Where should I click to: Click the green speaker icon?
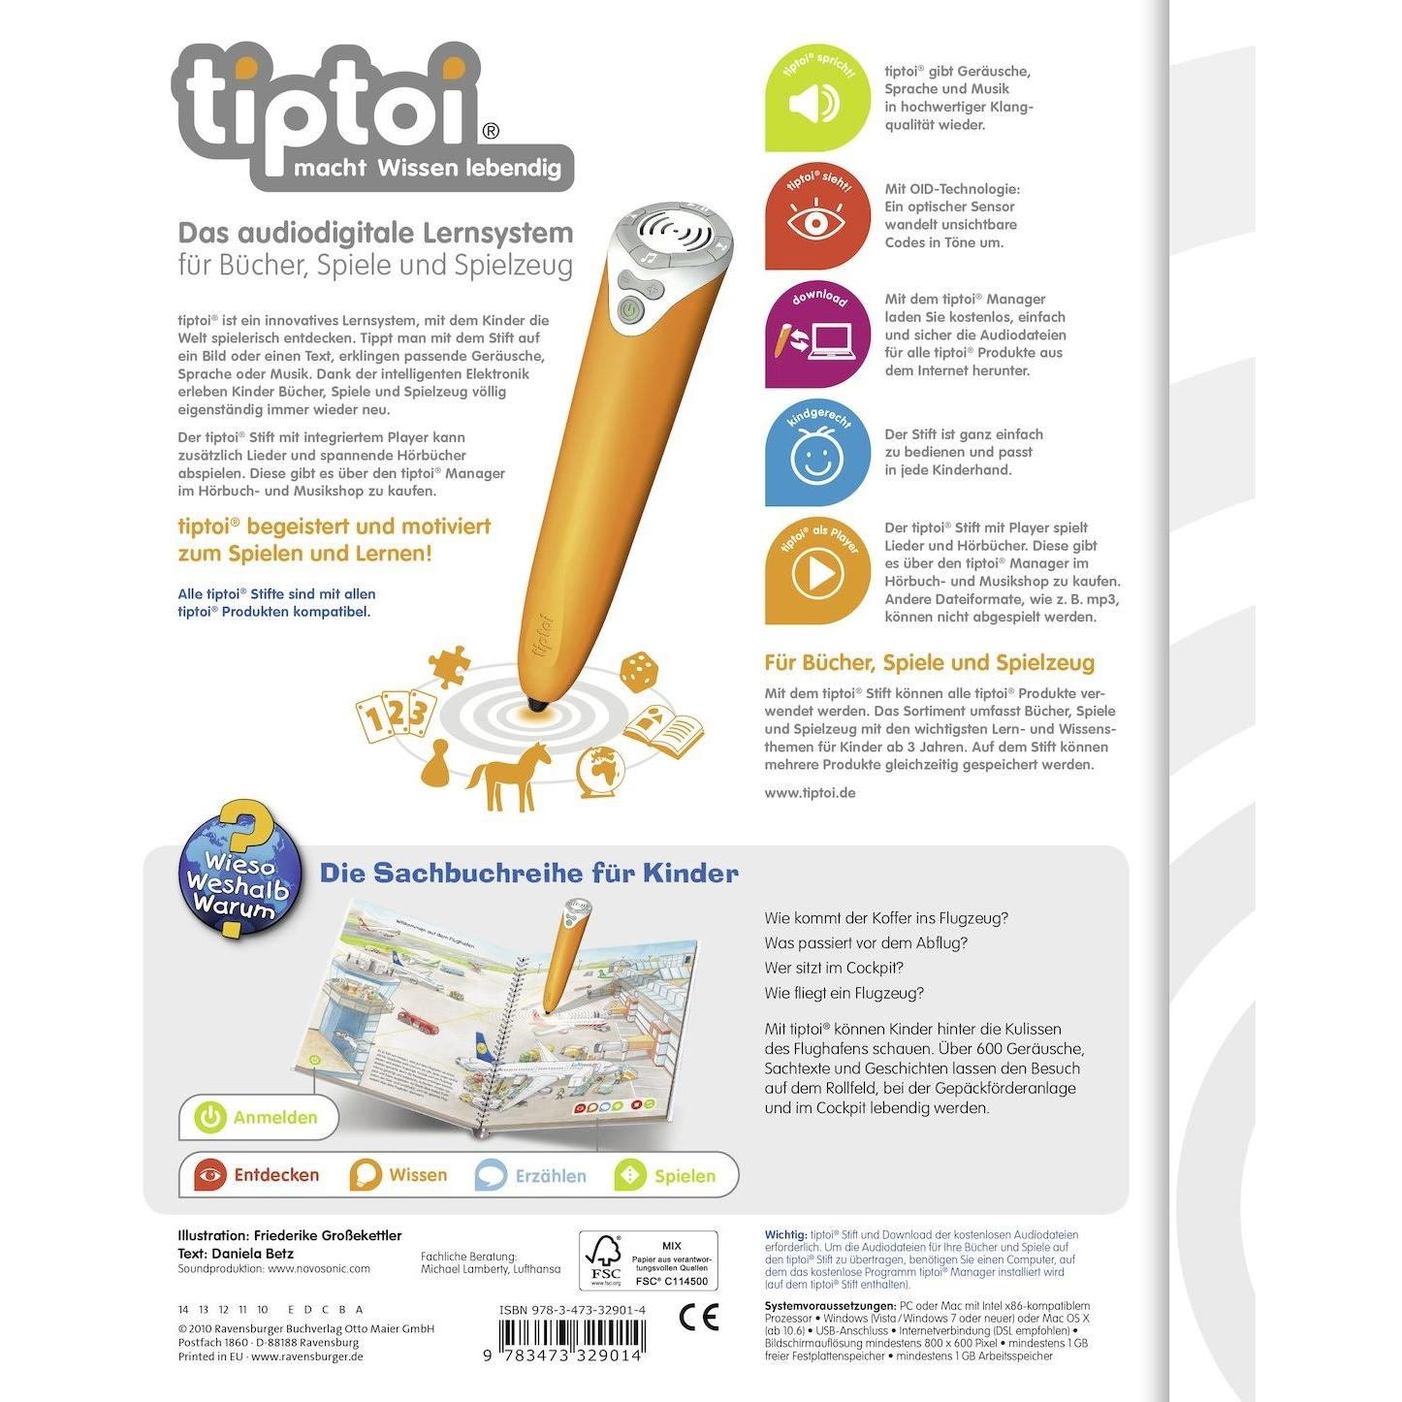point(813,103)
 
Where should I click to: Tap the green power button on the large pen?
point(628,311)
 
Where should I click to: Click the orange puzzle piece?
point(449,666)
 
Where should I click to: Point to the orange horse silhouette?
point(505,776)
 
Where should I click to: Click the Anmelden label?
point(275,1118)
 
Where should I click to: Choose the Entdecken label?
point(276,1175)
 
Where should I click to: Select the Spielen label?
point(685,1176)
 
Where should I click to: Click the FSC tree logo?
point(605,1259)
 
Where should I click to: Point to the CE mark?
point(699,1318)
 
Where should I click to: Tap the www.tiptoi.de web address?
point(810,793)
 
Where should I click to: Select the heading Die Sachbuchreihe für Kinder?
point(529,874)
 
